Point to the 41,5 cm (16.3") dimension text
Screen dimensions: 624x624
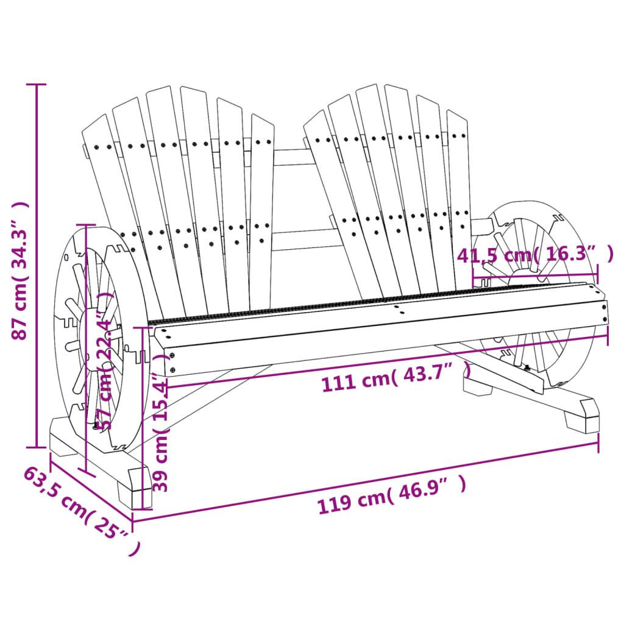[x=535, y=255]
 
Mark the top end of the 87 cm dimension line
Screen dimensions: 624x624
[x=37, y=84]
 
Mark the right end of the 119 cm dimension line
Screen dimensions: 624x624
[x=598, y=443]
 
